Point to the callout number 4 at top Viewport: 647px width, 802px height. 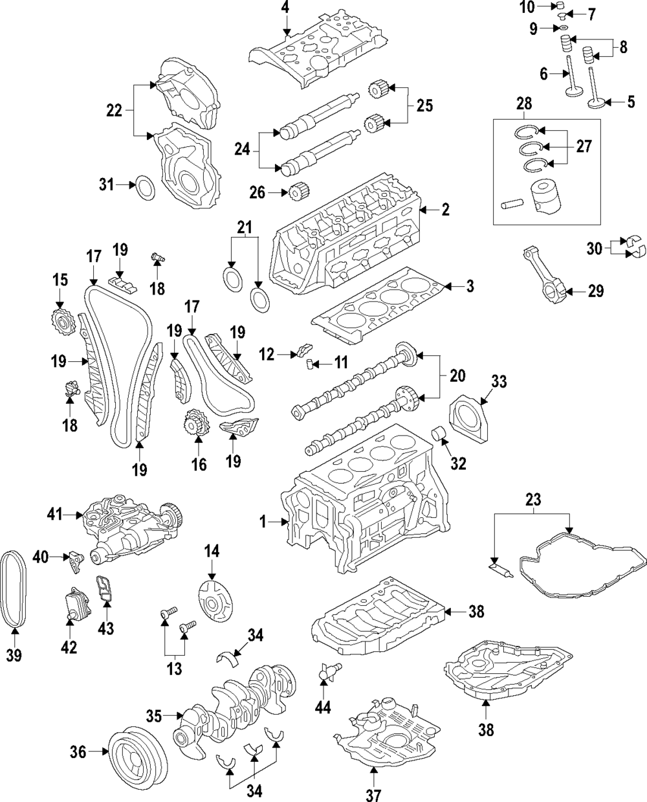click(x=285, y=8)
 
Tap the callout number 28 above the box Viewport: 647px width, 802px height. click(x=523, y=104)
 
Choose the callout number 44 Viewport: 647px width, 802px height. click(x=323, y=708)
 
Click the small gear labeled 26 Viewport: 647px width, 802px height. click(x=297, y=193)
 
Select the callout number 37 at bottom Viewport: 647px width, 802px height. click(x=374, y=794)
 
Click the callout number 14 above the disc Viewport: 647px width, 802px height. click(x=212, y=551)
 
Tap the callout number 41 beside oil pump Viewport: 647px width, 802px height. click(x=54, y=515)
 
